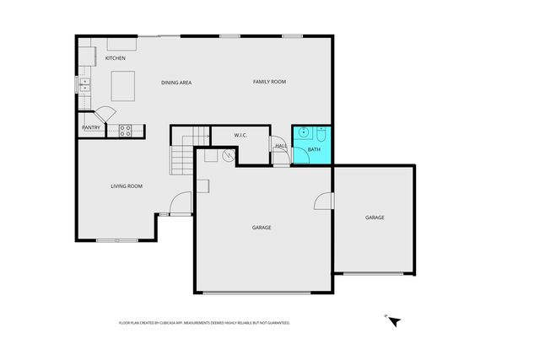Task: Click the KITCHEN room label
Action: pos(116,58)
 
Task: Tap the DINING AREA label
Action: pos(177,82)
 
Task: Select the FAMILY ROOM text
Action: pos(270,82)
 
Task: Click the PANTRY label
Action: pos(91,128)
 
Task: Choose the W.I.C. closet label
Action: pos(223,135)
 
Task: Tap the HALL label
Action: pos(281,147)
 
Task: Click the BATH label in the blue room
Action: pos(314,150)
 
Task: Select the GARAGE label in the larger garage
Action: pos(262,228)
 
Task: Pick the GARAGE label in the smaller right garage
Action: pos(375,218)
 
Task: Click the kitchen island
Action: pos(124,84)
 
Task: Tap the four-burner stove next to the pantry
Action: pos(125,130)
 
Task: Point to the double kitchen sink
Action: pos(84,83)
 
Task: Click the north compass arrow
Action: pos(392,320)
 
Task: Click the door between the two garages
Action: pos(325,201)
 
